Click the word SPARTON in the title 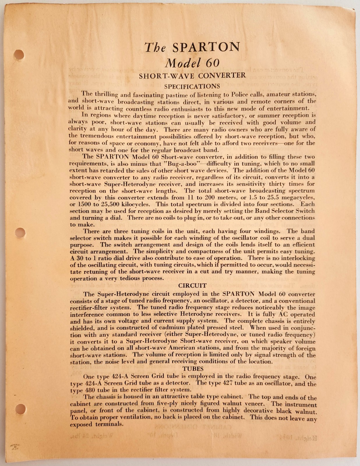pyautogui.click(x=206, y=47)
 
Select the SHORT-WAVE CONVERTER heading pyautogui.click(x=192, y=76)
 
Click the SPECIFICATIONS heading pyautogui.click(x=192, y=86)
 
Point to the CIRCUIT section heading pyautogui.click(x=192, y=286)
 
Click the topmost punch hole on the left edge pyautogui.click(x=19, y=54)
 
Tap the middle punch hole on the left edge pyautogui.click(x=20, y=233)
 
